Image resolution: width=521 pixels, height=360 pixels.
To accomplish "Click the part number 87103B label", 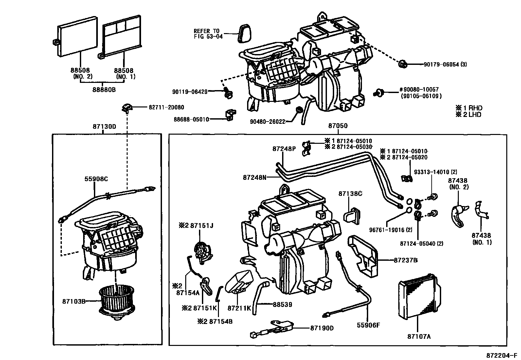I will pos(74,301).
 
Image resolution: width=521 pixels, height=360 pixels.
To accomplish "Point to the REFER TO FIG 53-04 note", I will pos(208,34).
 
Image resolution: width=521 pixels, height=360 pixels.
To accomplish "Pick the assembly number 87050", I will pos(338,126).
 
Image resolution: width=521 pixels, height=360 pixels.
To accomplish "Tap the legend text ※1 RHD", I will pos(469,108).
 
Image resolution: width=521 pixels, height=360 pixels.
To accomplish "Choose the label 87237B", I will pos(405,260).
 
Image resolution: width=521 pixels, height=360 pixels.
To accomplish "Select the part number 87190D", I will pos(321,328).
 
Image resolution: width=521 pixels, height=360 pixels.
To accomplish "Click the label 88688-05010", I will pos(191,119).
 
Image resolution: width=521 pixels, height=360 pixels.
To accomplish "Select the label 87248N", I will pos(255,177).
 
